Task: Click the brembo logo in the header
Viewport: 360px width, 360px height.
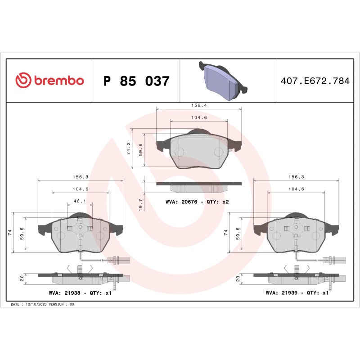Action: (49, 81)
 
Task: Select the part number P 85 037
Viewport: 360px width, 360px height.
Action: (136, 81)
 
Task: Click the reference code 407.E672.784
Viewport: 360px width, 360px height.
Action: (315, 81)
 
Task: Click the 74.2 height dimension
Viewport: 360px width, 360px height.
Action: (129, 148)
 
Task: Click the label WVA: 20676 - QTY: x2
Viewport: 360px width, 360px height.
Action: (197, 202)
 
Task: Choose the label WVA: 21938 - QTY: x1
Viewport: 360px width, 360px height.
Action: (80, 292)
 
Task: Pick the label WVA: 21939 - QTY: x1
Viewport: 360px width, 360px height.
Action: (297, 292)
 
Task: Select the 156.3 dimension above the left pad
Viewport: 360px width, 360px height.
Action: (80, 177)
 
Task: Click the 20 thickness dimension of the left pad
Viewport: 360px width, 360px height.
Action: (22, 279)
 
